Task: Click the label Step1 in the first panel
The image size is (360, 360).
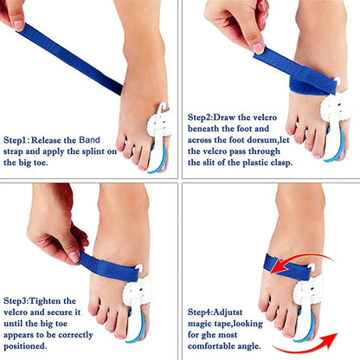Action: point(18,138)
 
